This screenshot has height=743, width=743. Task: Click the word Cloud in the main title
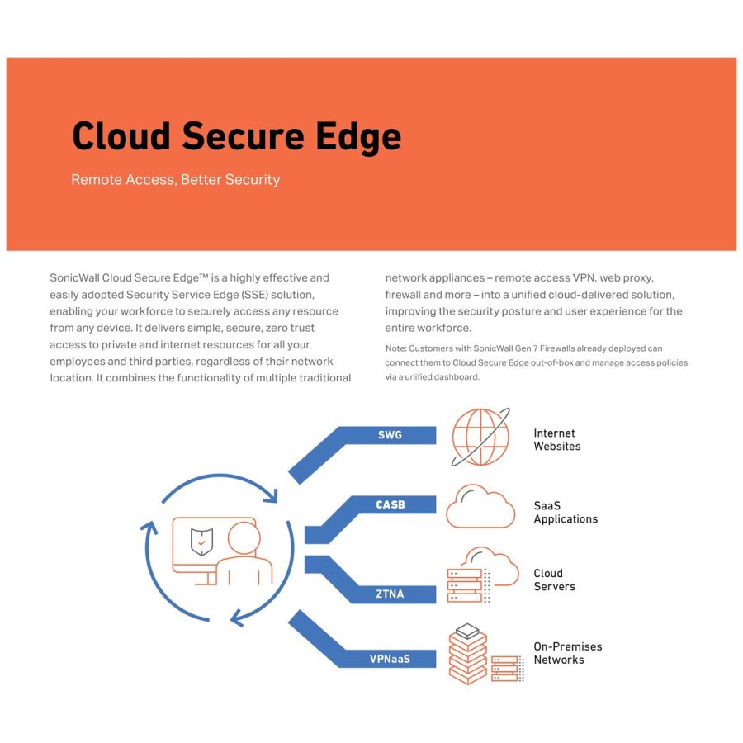click(121, 137)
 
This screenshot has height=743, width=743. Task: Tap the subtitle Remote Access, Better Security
click(175, 180)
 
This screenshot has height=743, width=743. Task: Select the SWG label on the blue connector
click(390, 434)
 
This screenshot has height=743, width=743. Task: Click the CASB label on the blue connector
click(390, 504)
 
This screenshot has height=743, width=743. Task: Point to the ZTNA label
click(390, 594)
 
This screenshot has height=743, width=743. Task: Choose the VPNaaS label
click(390, 659)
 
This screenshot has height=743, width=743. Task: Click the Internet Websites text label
click(556, 440)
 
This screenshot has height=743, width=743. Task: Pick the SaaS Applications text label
click(566, 513)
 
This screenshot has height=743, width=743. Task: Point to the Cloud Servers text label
click(554, 580)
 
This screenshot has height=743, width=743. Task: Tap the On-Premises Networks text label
click(567, 653)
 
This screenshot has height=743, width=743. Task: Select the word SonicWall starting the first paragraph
click(75, 278)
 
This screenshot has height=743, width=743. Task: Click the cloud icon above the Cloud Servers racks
click(492, 563)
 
